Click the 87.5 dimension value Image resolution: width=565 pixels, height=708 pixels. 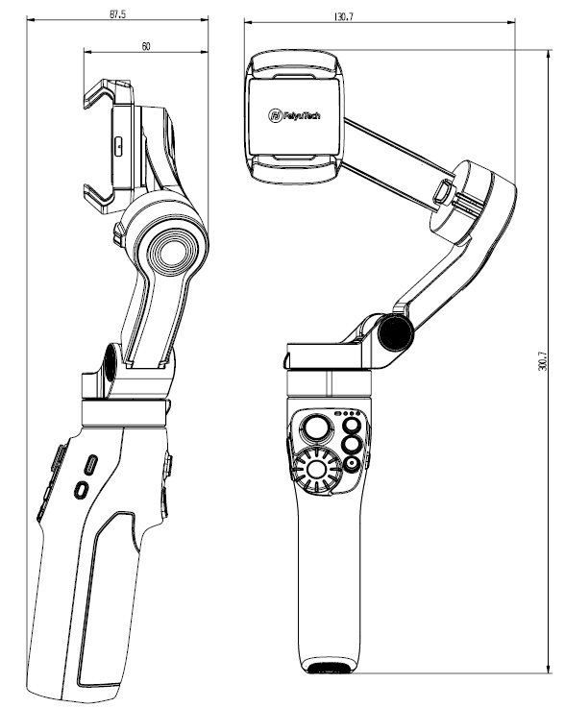117,14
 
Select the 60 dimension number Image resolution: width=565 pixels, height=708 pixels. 146,46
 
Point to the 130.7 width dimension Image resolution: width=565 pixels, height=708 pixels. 344,17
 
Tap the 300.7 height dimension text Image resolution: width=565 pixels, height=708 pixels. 543,361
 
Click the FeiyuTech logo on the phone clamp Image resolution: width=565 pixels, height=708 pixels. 294,115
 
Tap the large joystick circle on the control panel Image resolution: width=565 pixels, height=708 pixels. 316,427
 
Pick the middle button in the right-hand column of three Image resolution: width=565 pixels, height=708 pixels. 352,445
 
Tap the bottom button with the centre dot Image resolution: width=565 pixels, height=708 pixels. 352,464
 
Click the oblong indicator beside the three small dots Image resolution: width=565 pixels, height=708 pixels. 337,413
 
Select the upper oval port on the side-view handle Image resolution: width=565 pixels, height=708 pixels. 92,465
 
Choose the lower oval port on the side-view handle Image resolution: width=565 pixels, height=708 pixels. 82,490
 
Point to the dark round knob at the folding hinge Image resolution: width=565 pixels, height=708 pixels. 396,332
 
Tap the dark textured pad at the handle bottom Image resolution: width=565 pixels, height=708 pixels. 329,669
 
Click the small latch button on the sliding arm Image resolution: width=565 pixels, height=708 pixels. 443,192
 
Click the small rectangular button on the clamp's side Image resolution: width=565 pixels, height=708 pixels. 118,146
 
